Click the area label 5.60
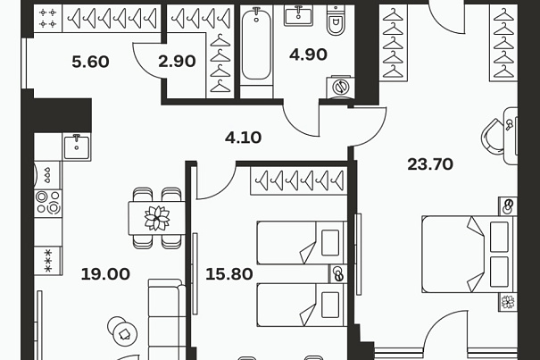click(x=90, y=62)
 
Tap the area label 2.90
click(x=177, y=61)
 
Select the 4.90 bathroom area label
click(x=308, y=54)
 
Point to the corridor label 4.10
click(x=243, y=138)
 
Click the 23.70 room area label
click(x=430, y=164)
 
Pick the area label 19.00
click(x=105, y=274)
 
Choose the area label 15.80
click(x=229, y=274)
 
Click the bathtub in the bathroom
click(x=256, y=44)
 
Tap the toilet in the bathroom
click(x=336, y=21)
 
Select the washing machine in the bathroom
click(x=340, y=87)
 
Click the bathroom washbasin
click(x=298, y=15)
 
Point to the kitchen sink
click(x=77, y=147)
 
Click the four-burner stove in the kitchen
click(x=48, y=203)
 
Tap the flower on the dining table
click(x=157, y=218)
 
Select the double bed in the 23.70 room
click(x=469, y=254)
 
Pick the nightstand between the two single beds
click(x=338, y=274)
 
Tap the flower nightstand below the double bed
click(x=508, y=302)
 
